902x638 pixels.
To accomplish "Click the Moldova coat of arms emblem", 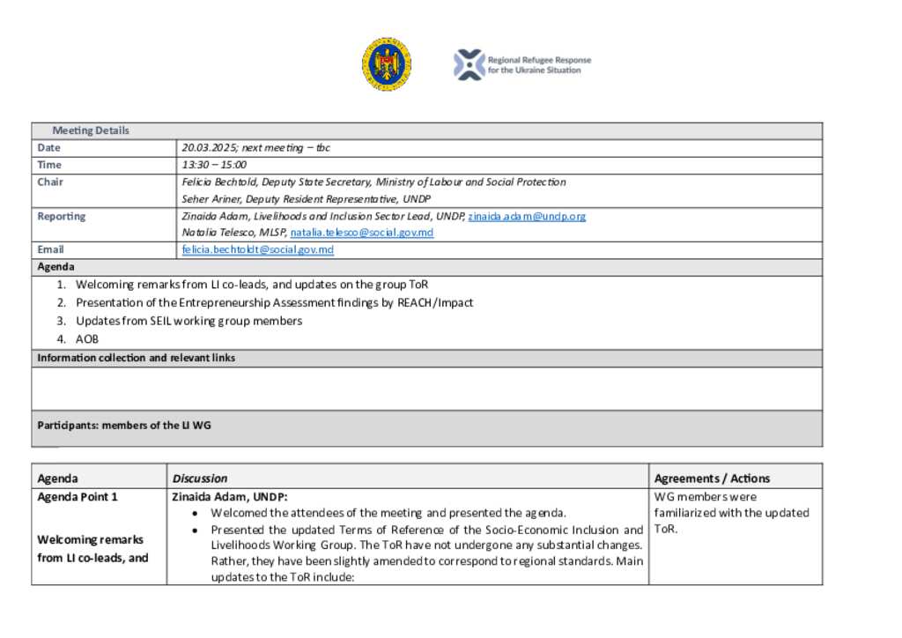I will [x=386, y=64].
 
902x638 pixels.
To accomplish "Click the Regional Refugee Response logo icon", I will [x=469, y=64].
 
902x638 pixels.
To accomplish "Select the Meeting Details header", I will [x=91, y=130].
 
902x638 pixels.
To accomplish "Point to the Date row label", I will [x=48, y=148].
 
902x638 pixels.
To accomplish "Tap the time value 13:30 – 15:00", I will [x=214, y=165].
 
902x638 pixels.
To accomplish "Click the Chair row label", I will [x=50, y=182].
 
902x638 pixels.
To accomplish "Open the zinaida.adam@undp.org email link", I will [x=527, y=216].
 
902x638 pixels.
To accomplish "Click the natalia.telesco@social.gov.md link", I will [x=361, y=233].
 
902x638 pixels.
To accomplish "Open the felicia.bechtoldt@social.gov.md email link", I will [x=258, y=249].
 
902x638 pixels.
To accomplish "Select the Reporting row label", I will [x=61, y=216].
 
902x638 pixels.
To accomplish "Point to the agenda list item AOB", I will [x=87, y=338].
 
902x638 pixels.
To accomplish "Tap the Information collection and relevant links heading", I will [x=136, y=358].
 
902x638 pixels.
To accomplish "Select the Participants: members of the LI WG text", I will [x=124, y=425].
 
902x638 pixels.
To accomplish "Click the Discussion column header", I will [x=200, y=478].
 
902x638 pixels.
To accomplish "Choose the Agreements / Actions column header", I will [x=712, y=478].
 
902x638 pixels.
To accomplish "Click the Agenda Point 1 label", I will [x=78, y=497].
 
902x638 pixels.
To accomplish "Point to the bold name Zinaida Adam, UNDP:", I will [x=229, y=497].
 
